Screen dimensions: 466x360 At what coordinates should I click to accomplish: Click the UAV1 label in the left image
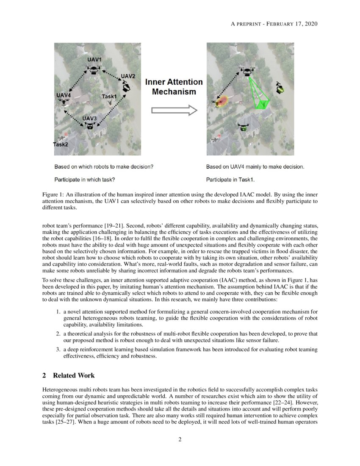pos(94,60)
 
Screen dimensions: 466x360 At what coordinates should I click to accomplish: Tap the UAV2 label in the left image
pos(128,76)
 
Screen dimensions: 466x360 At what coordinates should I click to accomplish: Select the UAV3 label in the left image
pos(89,118)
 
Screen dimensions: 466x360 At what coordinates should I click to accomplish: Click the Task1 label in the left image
pos(109,97)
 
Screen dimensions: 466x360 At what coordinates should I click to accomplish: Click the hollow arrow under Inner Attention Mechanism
pos(174,111)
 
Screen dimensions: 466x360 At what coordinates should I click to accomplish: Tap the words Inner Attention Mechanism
pos(174,87)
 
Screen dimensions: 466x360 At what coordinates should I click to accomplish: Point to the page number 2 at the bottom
pos(180,439)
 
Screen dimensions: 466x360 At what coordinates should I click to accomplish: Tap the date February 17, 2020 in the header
pos(292,24)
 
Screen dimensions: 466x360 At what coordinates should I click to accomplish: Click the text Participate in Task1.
pos(230,179)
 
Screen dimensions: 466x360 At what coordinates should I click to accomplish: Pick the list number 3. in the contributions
pos(59,349)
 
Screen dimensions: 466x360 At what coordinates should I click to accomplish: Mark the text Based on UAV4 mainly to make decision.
pos(255,167)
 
